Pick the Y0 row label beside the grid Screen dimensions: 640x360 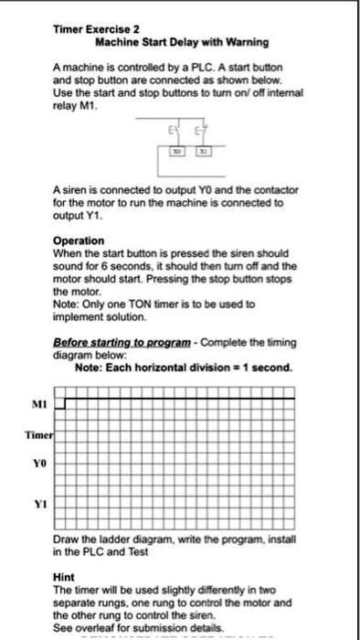pos(38,466)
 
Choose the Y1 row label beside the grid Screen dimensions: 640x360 pos(38,499)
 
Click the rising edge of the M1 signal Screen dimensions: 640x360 pos(65,402)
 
